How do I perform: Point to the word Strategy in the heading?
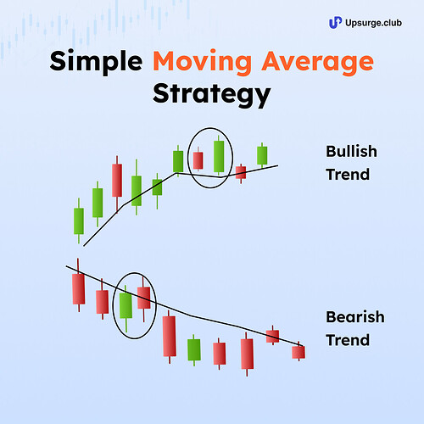coord(211,92)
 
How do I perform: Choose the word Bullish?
coord(351,153)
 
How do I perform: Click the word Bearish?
coord(354,318)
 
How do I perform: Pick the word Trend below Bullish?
coord(347,176)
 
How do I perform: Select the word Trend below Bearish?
coord(347,340)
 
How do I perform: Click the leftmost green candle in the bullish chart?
coord(79,220)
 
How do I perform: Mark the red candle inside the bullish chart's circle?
coord(198,159)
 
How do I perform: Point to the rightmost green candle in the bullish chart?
coord(263,155)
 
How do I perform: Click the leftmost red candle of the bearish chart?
coord(79,288)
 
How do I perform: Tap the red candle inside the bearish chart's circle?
coord(144,297)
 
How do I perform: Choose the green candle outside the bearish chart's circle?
coord(194,349)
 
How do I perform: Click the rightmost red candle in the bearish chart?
coord(298,351)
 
